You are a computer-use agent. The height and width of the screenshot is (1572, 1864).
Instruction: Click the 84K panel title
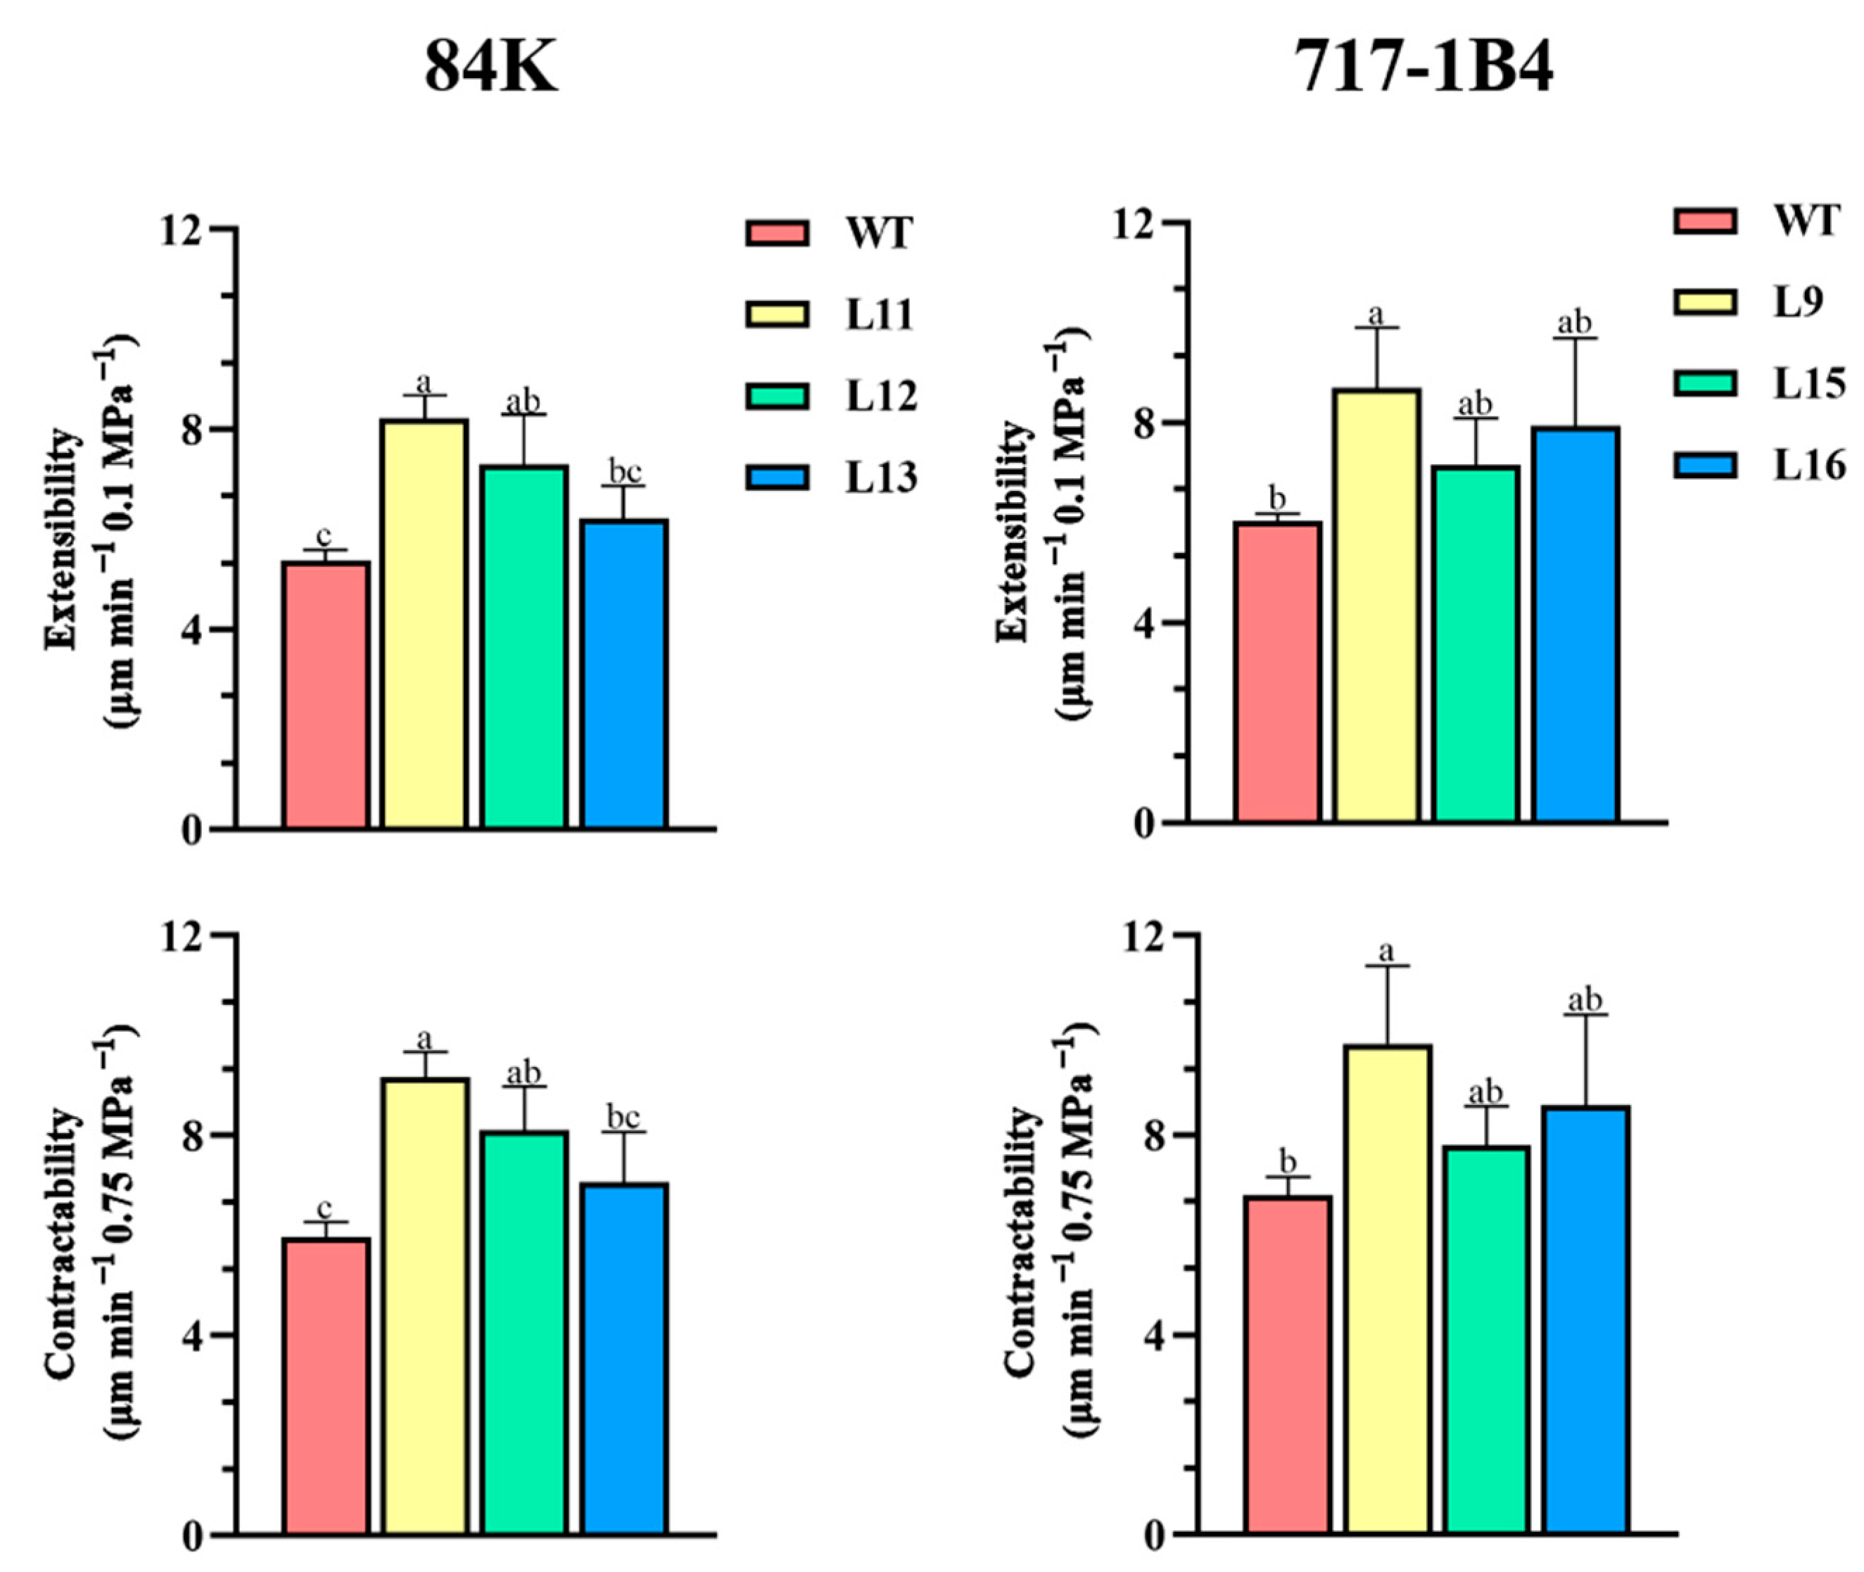click(x=490, y=69)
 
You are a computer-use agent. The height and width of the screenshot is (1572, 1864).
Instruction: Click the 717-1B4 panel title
click(x=1424, y=69)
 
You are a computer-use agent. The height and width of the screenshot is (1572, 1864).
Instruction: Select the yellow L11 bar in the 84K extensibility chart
click(x=424, y=624)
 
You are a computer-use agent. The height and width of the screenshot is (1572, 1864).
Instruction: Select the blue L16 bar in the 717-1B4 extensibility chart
click(x=1576, y=624)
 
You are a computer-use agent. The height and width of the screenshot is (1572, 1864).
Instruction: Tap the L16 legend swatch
click(x=1704, y=465)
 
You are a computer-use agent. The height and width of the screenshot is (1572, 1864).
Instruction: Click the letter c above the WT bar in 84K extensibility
click(x=324, y=535)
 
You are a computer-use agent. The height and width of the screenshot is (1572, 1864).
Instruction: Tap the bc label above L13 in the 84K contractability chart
click(x=624, y=1116)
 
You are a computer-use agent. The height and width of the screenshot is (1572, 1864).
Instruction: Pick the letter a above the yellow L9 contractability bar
click(x=1387, y=950)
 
